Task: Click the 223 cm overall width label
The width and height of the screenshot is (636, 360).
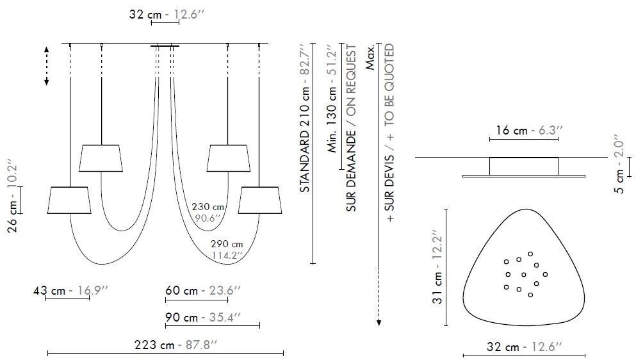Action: (x=176, y=345)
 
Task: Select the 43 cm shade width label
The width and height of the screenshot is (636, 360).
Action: (x=70, y=291)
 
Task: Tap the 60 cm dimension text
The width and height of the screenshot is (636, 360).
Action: (x=202, y=290)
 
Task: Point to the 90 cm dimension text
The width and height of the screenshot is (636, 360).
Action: (x=202, y=317)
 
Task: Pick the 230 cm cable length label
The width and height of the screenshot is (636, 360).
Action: (x=208, y=212)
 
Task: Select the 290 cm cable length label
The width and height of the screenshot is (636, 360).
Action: (x=227, y=249)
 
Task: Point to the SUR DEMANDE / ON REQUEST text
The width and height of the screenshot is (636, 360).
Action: (x=350, y=128)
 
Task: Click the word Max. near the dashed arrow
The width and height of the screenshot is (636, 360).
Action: (x=370, y=57)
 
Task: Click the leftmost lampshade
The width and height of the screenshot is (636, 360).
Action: (x=69, y=200)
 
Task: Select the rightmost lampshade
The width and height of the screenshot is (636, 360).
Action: (x=260, y=200)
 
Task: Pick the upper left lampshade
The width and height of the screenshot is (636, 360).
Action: (x=101, y=158)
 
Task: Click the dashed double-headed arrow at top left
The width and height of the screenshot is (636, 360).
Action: (x=47, y=65)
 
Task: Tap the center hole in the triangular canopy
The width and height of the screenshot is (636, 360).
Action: (x=524, y=275)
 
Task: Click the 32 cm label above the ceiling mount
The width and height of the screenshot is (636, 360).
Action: (x=165, y=13)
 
